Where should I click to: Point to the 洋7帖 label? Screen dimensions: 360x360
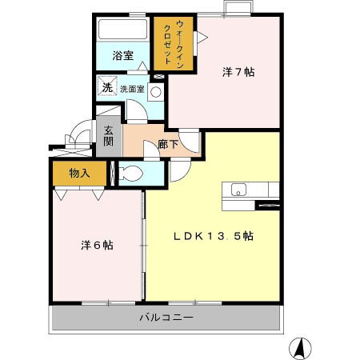click(238, 72)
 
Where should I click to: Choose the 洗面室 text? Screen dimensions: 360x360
click(132, 90)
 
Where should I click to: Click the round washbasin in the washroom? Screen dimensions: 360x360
click(156, 91)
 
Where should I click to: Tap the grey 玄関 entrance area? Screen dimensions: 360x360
click(106, 137)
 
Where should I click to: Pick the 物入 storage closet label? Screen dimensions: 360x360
click(79, 172)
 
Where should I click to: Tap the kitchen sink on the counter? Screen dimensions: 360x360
click(238, 190)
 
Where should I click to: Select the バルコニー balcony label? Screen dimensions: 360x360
click(166, 317)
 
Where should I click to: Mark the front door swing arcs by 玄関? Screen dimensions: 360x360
click(78, 136)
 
